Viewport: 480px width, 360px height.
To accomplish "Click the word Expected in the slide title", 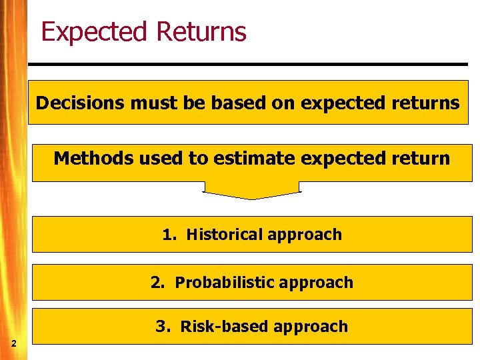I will point(93,32).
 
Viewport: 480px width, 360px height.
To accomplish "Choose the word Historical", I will point(225,235).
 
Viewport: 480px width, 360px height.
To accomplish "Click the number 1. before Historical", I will point(170,235).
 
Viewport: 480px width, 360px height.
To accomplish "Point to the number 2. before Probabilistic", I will point(158,283).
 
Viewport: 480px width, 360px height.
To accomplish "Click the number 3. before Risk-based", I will point(163,327).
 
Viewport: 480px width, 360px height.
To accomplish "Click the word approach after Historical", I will point(305,235).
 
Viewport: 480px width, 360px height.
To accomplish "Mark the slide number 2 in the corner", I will point(13,343).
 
